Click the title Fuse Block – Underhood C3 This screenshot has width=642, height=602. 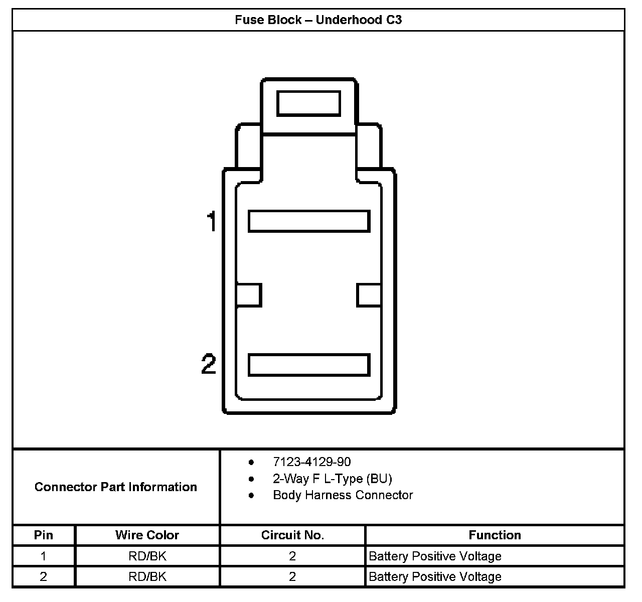pos(318,20)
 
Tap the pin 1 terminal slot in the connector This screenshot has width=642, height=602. pos(309,221)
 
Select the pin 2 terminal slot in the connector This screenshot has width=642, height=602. pos(309,365)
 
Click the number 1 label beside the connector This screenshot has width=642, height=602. pos(212,221)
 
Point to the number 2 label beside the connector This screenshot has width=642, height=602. pos(209,364)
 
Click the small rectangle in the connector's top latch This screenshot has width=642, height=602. pos(308,103)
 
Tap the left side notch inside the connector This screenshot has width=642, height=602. pos(249,295)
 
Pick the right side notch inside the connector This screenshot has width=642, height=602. pos(369,295)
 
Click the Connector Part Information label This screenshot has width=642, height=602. pos(116,487)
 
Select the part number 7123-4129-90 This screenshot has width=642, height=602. pos(311,462)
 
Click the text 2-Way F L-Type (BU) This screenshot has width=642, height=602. pos(332,479)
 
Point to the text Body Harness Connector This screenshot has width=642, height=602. pos(343,495)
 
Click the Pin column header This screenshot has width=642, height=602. pos(44,535)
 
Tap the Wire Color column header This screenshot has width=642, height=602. pos(147,535)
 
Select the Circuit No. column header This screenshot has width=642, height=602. pos(292,535)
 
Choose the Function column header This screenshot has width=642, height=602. pos(495,535)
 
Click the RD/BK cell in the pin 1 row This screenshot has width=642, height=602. pos(147,556)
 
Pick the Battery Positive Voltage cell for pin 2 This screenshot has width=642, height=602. pos(435,577)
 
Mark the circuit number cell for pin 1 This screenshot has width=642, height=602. pos(292,556)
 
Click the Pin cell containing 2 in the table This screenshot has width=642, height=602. pos(44,577)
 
